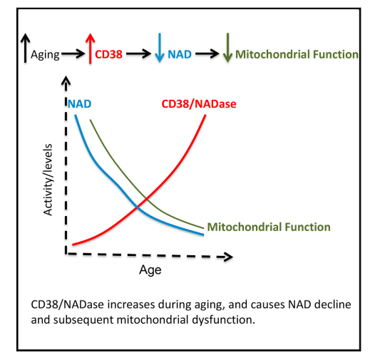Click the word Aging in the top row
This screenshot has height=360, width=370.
tap(45, 55)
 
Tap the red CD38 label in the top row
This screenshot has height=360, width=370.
tap(108, 54)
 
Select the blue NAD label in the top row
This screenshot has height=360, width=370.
tap(180, 54)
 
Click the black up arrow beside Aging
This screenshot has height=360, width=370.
tap(25, 48)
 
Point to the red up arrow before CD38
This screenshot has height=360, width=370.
tap(91, 48)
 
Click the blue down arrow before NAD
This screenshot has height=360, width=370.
tap(160, 48)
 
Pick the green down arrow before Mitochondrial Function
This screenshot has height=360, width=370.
tap(227, 48)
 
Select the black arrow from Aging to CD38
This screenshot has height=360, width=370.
tap(73, 54)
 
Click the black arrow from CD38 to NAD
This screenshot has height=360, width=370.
tap(138, 54)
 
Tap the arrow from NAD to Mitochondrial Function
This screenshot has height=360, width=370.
tap(207, 54)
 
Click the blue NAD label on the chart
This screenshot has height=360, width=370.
tap(80, 104)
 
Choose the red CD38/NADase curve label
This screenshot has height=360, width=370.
tap(199, 104)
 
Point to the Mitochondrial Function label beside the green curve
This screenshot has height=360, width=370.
tap(269, 227)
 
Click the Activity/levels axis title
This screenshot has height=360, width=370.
tap(48, 180)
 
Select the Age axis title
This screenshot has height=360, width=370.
tap(150, 270)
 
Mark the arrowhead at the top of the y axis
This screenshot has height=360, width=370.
tap(66, 80)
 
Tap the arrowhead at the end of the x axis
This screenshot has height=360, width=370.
tap(229, 257)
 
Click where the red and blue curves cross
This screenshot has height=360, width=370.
tap(138, 207)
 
